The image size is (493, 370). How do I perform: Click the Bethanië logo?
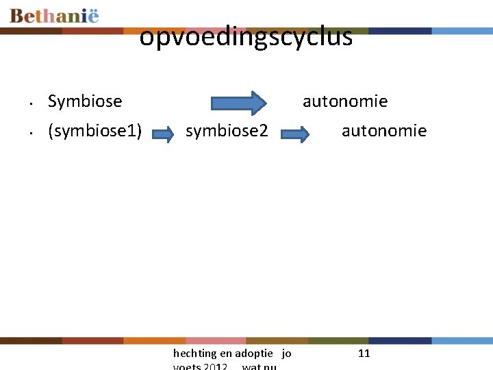click(55, 16)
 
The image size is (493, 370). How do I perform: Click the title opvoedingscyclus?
click(246, 37)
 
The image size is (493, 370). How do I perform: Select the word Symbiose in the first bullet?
click(85, 101)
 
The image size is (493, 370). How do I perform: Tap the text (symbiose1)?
click(94, 131)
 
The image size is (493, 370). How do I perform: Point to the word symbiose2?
click(227, 131)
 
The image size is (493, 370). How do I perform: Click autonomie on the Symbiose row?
click(345, 101)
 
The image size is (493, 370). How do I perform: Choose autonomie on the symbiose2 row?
click(384, 131)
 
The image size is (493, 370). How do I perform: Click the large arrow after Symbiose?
click(238, 102)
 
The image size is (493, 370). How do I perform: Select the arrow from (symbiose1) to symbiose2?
click(162, 133)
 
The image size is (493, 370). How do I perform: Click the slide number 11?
click(364, 354)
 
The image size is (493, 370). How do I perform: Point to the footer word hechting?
click(194, 354)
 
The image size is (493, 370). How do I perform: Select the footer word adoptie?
click(255, 354)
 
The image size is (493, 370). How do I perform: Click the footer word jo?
click(286, 354)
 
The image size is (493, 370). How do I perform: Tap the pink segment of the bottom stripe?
click(215, 341)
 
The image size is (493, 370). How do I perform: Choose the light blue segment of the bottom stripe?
click(462, 341)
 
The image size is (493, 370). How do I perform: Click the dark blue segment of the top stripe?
click(400, 31)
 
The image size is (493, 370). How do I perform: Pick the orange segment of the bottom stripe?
click(154, 341)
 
